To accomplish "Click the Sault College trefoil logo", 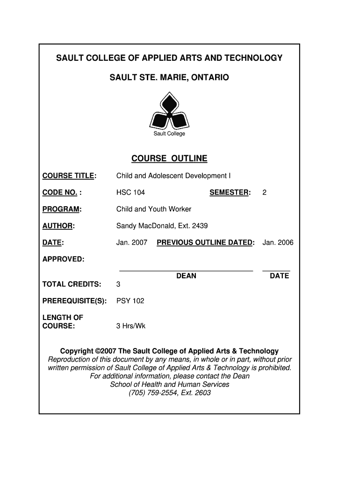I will [169, 111].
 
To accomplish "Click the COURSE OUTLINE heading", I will [169, 159].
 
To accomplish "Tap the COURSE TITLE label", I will [69, 176].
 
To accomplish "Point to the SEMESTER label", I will [230, 192].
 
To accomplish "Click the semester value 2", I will [264, 192].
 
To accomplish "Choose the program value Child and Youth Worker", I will [154, 209].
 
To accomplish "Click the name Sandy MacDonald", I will [143, 226].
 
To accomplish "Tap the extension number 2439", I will [200, 226].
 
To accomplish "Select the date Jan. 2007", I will [132, 242].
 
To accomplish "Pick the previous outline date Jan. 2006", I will [278, 242].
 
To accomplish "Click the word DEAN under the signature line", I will [186, 276].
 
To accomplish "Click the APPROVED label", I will [64, 259].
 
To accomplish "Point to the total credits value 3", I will [118, 284].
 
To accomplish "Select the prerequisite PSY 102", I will [130, 301].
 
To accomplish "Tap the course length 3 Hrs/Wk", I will [131, 326].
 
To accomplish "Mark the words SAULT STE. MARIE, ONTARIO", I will [169, 77].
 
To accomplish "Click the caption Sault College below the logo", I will [169, 134].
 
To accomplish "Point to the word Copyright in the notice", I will [77, 351].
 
